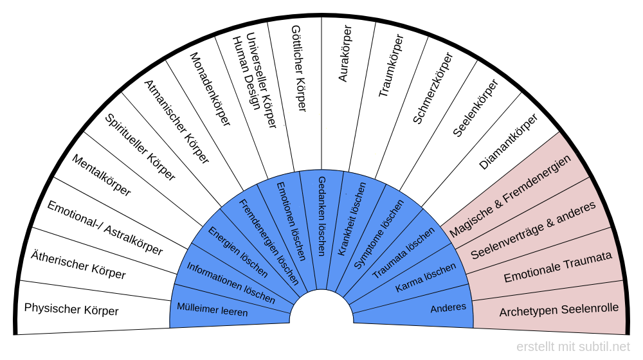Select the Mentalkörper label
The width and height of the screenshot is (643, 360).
[x=101, y=175]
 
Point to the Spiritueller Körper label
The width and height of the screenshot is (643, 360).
[x=140, y=147]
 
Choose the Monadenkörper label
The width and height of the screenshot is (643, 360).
[x=210, y=90]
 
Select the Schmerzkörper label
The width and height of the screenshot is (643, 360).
[x=432, y=87]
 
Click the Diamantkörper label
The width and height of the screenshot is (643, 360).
[x=508, y=142]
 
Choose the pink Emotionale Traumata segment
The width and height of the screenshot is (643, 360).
[x=557, y=268]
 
